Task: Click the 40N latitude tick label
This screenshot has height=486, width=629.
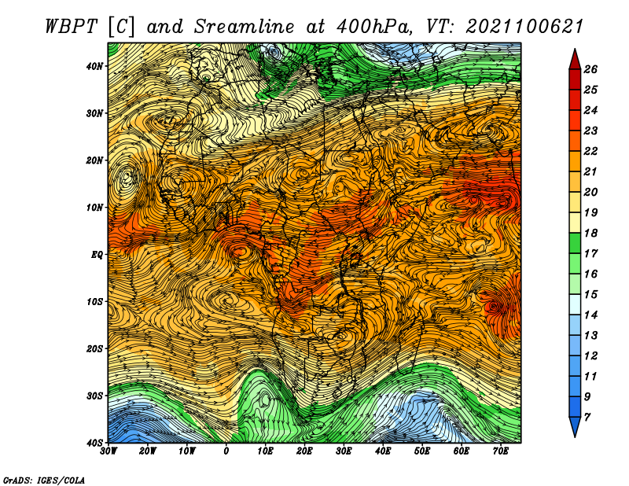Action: coord(94,66)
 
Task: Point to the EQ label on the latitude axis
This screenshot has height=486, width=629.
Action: coord(97,255)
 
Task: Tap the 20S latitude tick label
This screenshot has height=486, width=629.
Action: coord(94,348)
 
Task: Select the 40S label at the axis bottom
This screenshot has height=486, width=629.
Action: coord(94,443)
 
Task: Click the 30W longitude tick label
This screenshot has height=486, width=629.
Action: coord(109,451)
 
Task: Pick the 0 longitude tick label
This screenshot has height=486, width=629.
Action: coord(226,451)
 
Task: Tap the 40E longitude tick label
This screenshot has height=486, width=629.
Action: coord(383,451)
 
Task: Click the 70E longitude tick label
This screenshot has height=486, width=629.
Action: coord(501,451)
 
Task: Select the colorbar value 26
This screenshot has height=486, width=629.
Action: coord(590,69)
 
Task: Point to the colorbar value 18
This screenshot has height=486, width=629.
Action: coord(590,233)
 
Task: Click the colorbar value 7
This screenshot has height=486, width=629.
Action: coord(587,418)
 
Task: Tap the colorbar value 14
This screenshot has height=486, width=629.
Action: coord(590,315)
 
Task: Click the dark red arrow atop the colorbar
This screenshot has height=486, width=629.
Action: coord(575,60)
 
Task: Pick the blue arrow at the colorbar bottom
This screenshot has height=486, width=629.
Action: coord(575,427)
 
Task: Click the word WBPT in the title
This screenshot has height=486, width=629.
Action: coord(71,27)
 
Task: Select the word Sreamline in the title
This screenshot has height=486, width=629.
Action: coord(245,27)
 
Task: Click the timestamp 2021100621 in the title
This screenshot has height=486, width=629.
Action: coord(524,27)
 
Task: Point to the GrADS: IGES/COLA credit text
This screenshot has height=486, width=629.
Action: coord(44,480)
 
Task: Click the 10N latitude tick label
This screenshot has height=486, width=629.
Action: coord(94,208)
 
